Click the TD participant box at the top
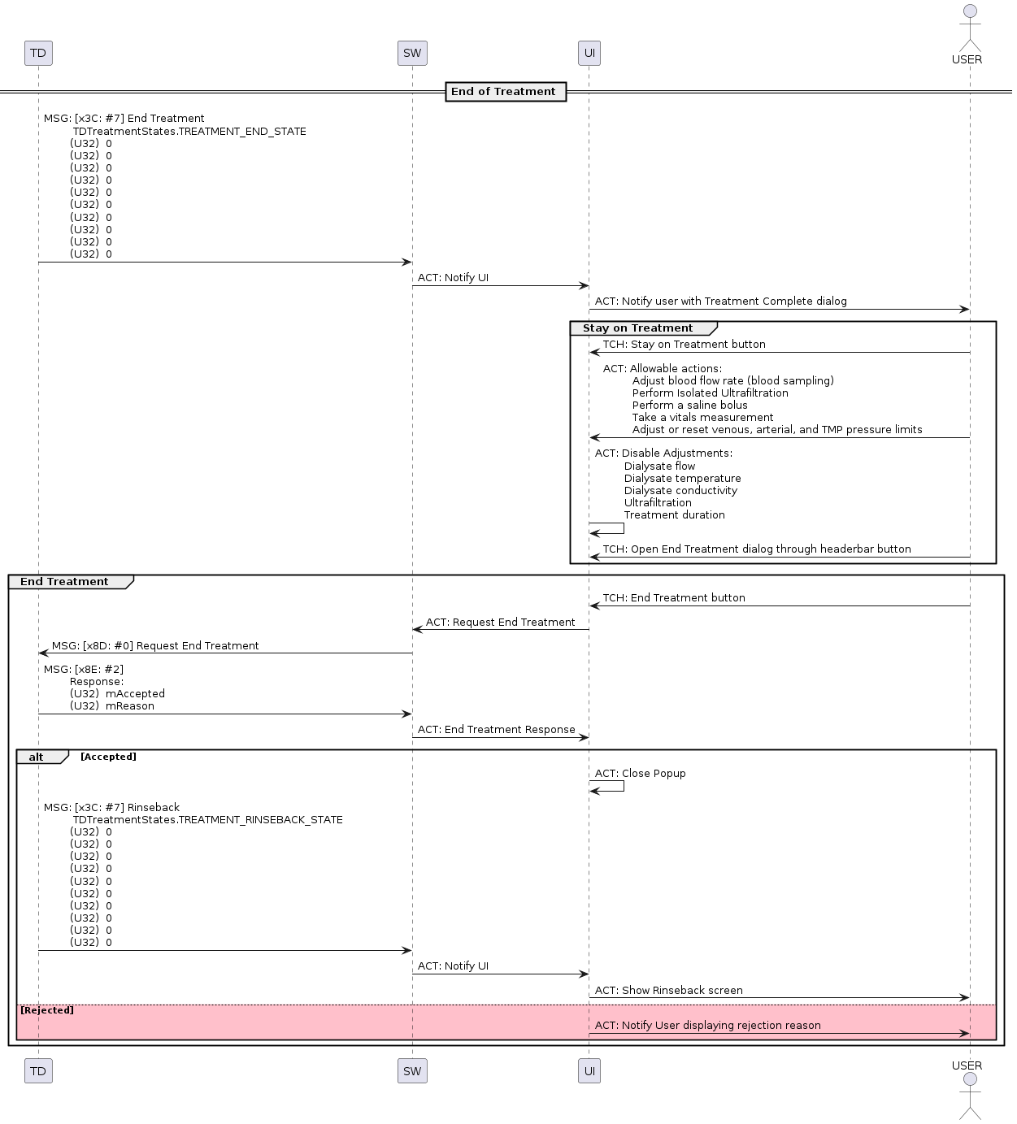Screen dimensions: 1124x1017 click(38, 54)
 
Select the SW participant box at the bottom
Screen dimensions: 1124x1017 click(412, 1070)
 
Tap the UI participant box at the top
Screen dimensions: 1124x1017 click(589, 54)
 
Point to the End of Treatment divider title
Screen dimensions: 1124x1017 click(504, 92)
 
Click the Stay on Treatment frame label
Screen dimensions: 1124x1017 click(638, 328)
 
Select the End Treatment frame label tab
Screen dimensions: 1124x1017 click(65, 582)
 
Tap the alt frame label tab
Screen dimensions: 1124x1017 click(37, 757)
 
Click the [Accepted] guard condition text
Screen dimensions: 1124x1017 click(108, 757)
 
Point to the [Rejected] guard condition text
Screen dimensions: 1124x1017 click(46, 1010)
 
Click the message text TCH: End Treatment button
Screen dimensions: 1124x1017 click(674, 598)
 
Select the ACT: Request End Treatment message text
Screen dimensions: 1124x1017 click(500, 623)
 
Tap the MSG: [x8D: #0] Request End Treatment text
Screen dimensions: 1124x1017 click(155, 646)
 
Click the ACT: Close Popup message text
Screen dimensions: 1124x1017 click(641, 774)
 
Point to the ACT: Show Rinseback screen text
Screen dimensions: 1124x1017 click(669, 991)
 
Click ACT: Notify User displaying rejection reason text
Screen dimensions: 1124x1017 click(708, 1026)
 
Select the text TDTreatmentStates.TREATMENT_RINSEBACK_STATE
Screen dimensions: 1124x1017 click(208, 820)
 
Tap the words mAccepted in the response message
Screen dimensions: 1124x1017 click(135, 694)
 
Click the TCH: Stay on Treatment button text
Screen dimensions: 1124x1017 click(684, 345)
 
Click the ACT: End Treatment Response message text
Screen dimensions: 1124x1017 click(497, 730)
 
